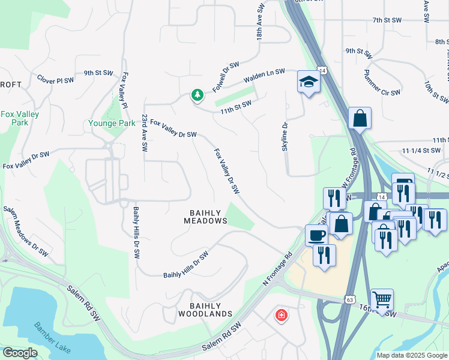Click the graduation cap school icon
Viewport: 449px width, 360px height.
pos(309,82)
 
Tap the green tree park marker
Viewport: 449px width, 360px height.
pos(197,95)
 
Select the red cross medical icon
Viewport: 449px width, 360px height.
pos(280,315)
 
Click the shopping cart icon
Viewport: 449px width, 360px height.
pos(381,299)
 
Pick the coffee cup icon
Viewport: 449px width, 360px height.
pos(316,235)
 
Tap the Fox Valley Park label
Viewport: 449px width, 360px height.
pos(20,118)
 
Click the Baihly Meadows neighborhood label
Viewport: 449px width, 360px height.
pos(205,217)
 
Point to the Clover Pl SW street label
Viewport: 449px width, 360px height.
pos(56,79)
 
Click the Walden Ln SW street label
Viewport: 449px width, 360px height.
pos(264,76)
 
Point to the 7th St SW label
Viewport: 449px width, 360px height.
pos(387,20)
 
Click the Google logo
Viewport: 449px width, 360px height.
pos(20,353)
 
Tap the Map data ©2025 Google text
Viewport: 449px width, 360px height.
pos(411,355)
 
